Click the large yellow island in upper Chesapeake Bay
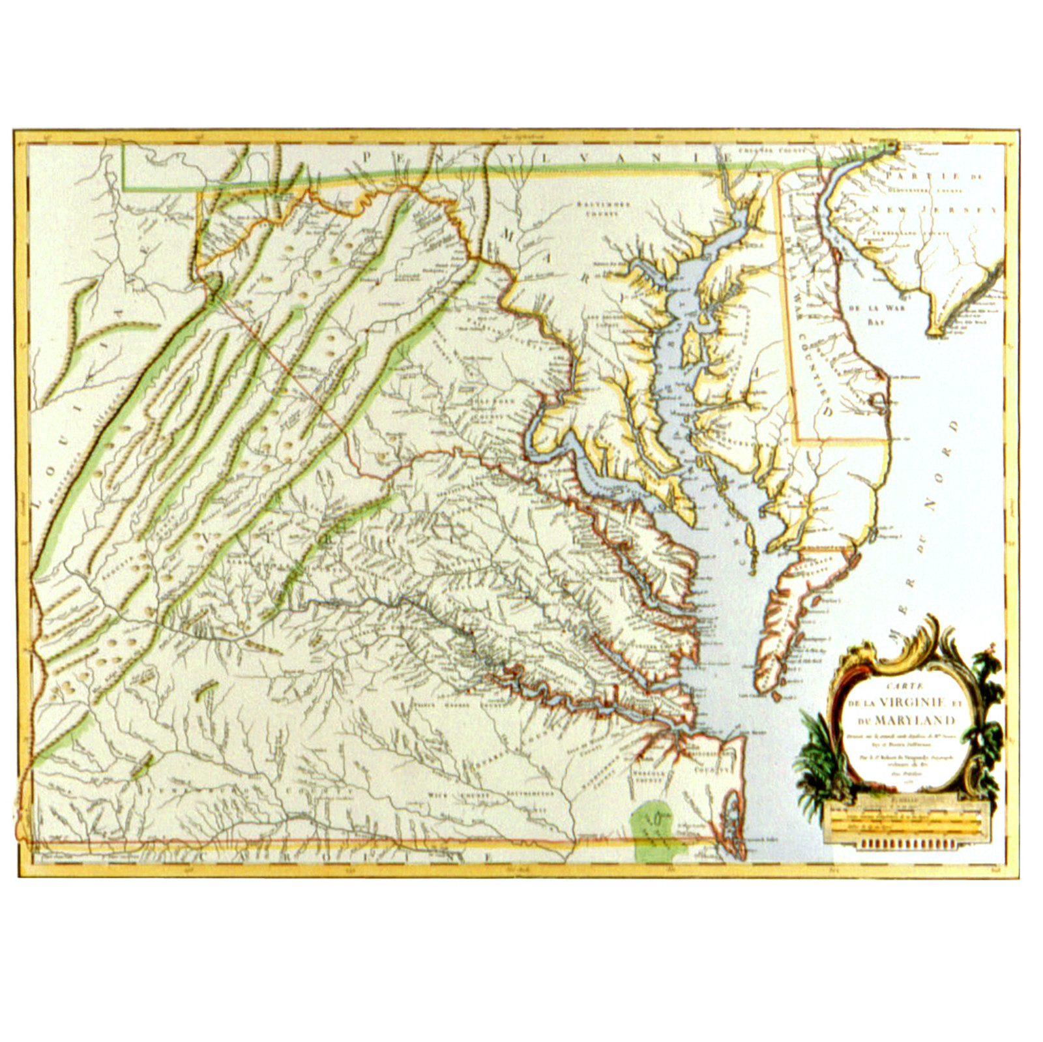[688, 346]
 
